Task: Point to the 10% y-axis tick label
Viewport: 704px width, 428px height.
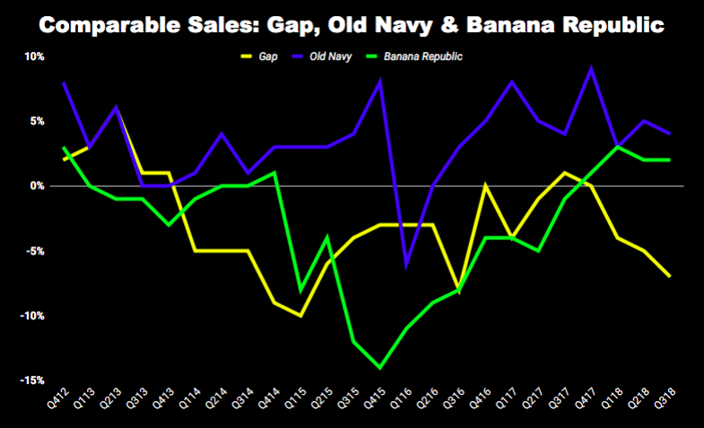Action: (33, 56)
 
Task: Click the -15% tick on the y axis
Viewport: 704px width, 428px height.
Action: (31, 381)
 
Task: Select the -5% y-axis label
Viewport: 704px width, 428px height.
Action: (33, 251)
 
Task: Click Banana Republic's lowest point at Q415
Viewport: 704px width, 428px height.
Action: (380, 367)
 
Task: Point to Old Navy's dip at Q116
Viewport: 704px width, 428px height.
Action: (407, 264)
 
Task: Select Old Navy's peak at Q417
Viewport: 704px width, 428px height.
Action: (590, 68)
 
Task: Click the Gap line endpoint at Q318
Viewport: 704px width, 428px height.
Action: (669, 277)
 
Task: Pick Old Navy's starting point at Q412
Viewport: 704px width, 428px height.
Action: (64, 82)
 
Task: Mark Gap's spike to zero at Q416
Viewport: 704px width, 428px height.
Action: (485, 185)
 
